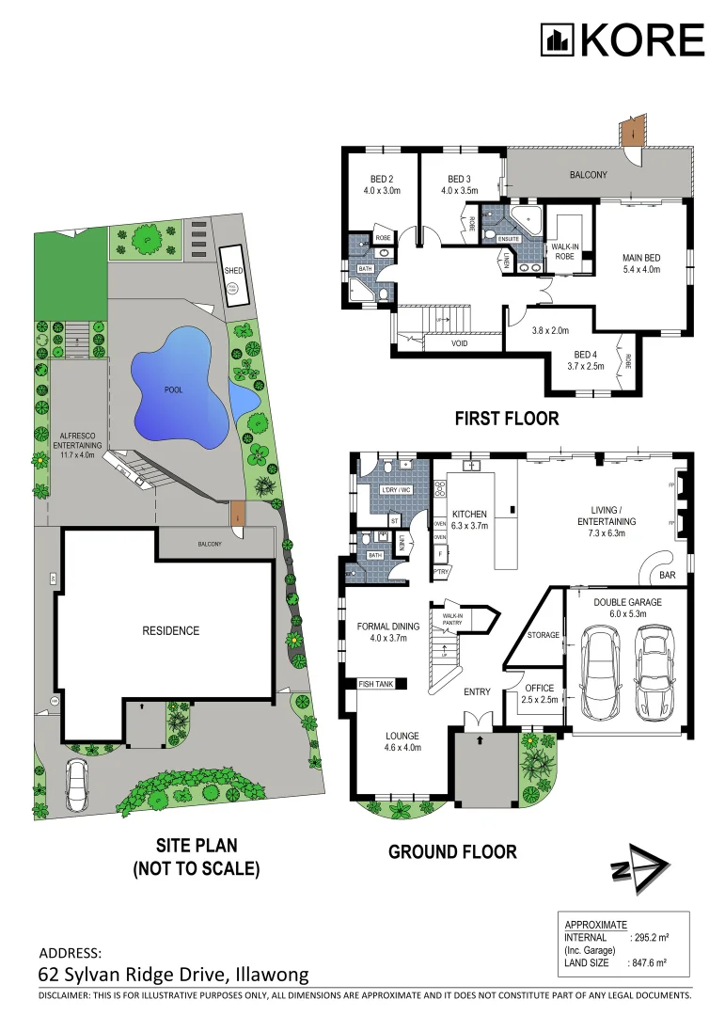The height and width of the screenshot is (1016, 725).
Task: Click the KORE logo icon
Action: coord(557,40)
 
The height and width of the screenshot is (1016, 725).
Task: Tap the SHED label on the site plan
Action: coord(233,271)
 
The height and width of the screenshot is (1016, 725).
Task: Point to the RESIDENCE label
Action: coord(172,630)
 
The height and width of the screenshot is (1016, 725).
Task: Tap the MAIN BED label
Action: coord(641,262)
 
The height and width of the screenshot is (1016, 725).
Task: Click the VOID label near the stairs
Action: coord(461,344)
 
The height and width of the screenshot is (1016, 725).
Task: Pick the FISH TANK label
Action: coord(375,684)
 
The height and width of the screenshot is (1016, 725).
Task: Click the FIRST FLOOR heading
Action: coord(507,419)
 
